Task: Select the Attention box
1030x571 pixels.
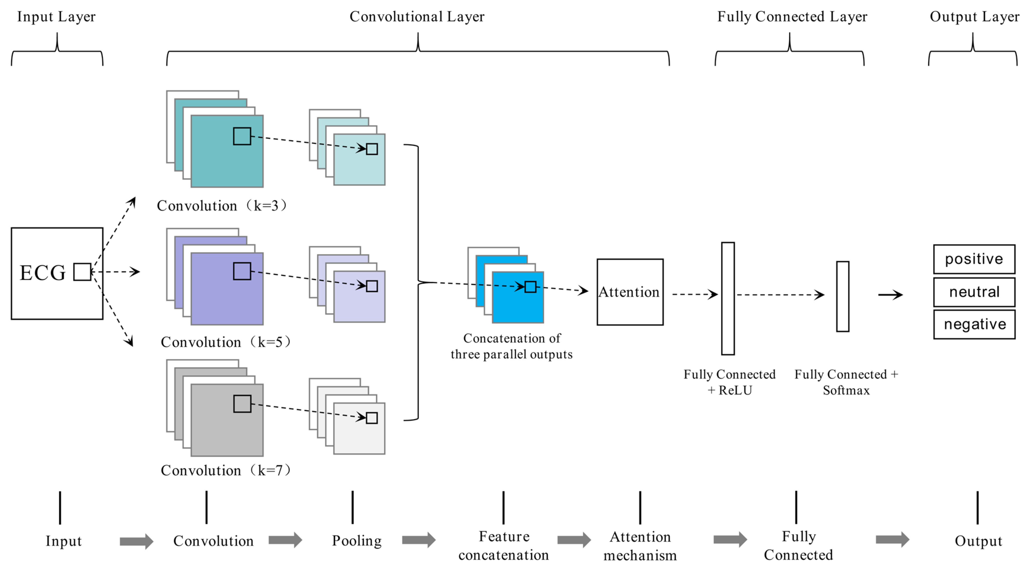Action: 630,292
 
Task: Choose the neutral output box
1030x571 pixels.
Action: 974,292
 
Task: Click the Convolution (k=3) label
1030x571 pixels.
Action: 222,206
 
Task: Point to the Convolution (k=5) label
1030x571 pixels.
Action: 226,342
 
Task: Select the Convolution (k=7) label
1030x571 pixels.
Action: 226,470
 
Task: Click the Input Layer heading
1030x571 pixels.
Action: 56,17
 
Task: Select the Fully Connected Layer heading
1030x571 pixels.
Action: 792,17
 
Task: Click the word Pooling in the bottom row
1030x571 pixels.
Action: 357,541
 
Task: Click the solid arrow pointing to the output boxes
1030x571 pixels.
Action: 890,295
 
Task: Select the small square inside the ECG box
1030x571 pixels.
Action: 82,272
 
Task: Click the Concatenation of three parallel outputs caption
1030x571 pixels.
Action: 512,347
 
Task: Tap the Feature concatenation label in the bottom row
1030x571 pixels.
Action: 504,546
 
